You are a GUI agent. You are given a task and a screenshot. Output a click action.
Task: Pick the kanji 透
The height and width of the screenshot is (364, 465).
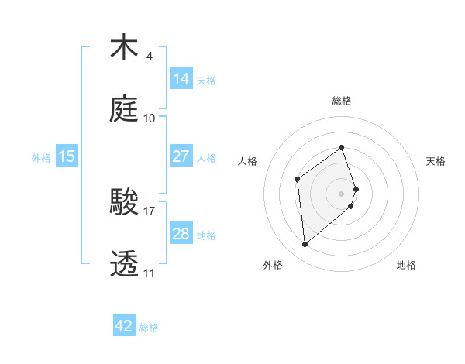126,263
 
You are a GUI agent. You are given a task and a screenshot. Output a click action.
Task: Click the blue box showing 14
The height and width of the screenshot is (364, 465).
181,78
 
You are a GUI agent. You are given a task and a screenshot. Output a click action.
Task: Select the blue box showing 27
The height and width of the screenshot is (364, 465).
181,156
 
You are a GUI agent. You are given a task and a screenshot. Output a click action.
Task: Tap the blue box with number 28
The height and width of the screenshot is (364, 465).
181,233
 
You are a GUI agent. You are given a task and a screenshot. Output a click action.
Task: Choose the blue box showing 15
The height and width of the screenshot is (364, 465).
67,156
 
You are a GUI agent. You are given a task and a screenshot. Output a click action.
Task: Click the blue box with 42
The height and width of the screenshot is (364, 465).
124,326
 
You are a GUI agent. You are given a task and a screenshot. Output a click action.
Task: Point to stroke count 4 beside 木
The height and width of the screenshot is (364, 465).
149,57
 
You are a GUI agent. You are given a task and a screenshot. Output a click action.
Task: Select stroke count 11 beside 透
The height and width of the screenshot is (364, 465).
149,273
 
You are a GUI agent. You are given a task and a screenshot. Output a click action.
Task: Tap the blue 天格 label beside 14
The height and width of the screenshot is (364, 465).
206,80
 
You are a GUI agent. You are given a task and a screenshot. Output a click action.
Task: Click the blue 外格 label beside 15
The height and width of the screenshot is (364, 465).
41,157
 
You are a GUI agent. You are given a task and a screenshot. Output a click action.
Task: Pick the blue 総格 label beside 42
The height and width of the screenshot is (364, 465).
149,328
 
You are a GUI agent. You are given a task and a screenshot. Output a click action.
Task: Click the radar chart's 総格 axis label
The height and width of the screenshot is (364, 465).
342,101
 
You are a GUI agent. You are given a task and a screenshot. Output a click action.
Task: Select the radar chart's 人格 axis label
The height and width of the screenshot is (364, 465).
248,161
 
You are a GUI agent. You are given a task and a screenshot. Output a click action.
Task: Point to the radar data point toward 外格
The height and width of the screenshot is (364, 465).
305,245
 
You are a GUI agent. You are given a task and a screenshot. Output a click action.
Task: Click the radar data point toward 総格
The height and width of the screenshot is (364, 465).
342,147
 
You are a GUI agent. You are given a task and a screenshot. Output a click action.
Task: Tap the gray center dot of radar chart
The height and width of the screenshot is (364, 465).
342,192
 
